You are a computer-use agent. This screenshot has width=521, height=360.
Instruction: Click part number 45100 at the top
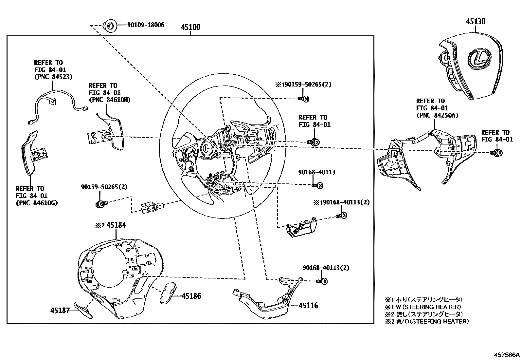(x=190, y=27)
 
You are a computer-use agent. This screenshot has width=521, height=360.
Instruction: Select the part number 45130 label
(x=476, y=21)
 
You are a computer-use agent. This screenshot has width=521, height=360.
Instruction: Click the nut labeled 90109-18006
(x=110, y=25)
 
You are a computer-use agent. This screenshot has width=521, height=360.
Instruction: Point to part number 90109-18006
(x=146, y=25)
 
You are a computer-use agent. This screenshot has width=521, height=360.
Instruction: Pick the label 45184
(x=116, y=225)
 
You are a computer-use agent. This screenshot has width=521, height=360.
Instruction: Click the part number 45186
(x=191, y=296)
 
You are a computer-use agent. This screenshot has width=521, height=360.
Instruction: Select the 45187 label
(x=60, y=311)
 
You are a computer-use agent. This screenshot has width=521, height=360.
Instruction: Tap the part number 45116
(x=308, y=306)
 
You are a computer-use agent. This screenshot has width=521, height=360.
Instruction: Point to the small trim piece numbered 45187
(x=83, y=310)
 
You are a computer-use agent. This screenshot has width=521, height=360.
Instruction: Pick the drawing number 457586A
(x=507, y=355)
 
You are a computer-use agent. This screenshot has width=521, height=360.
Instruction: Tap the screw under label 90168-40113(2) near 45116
(x=322, y=281)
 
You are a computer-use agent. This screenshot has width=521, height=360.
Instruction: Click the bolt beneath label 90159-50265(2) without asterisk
(x=101, y=204)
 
